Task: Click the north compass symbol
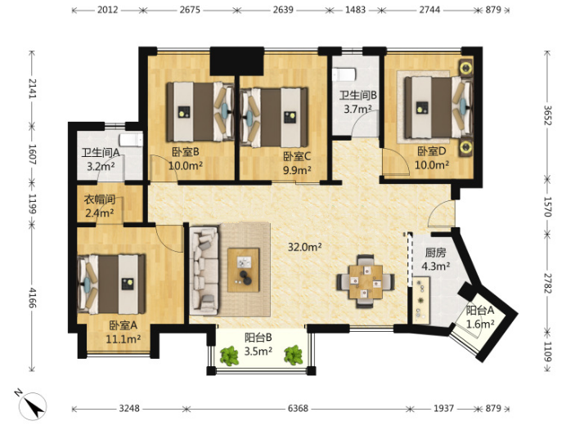point(31,405)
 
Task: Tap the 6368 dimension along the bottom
point(298,408)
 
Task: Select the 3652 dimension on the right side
point(548,115)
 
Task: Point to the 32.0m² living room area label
point(305,247)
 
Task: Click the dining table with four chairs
point(366,281)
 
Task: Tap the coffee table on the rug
point(244,270)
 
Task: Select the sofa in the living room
point(204,271)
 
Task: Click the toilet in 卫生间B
point(344,74)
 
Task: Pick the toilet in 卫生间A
point(131,140)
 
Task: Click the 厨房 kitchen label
point(435,253)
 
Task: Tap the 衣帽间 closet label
point(100,199)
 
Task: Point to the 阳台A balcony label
point(480,311)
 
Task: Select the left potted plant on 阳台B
point(230,356)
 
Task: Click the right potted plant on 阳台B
point(294,356)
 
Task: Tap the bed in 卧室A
point(111,284)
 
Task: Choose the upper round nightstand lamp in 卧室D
point(465,68)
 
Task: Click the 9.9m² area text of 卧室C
point(297,170)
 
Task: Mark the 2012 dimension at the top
point(107,10)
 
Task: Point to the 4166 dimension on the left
point(33,298)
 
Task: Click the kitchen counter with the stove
point(421,300)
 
